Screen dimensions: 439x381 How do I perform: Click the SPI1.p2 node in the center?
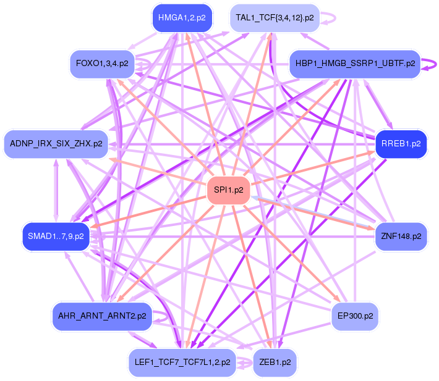click(229, 190)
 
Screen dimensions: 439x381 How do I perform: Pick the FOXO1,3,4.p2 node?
click(102, 63)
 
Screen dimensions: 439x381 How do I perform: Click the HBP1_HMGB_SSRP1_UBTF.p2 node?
click(355, 63)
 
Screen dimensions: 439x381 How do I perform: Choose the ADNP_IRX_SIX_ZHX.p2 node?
click(56, 143)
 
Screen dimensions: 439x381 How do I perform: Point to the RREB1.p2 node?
click(401, 144)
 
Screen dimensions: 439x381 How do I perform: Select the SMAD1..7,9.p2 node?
click(56, 236)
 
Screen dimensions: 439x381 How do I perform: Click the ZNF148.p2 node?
click(401, 236)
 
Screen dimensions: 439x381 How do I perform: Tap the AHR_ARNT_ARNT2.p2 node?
click(102, 316)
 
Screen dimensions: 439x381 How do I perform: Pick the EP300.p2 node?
click(355, 316)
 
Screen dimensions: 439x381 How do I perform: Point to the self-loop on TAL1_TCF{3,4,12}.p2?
click(330, 18)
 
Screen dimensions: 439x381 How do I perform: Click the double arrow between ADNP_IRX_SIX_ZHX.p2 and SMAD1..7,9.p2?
click(56, 190)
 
